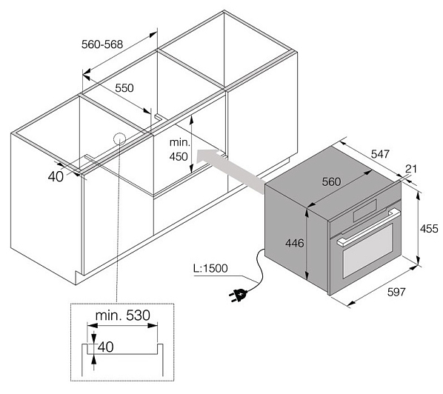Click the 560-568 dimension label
(x=102, y=44)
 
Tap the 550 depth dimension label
(x=124, y=88)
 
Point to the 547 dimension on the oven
(x=380, y=154)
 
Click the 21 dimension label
(x=411, y=169)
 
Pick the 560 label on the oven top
(x=331, y=182)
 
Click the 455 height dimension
(x=429, y=229)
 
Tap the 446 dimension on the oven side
(x=294, y=243)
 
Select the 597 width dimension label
(x=396, y=292)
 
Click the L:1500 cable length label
(x=210, y=268)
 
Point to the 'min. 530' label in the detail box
(x=123, y=315)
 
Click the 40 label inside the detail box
(x=106, y=347)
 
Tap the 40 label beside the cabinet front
(x=56, y=177)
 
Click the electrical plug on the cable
(x=238, y=295)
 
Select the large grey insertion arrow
(x=230, y=172)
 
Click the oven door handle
(x=368, y=227)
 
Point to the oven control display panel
(x=364, y=210)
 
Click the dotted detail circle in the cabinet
(x=119, y=138)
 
